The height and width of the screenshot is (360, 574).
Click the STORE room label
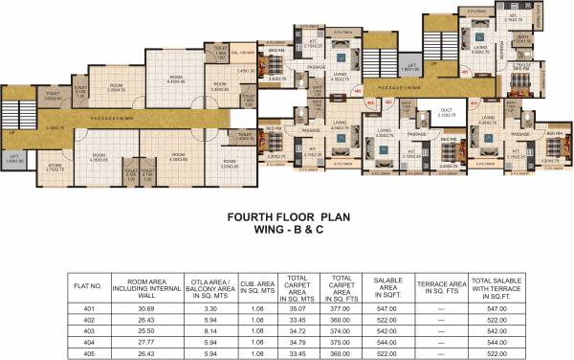click(x=55, y=166)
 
